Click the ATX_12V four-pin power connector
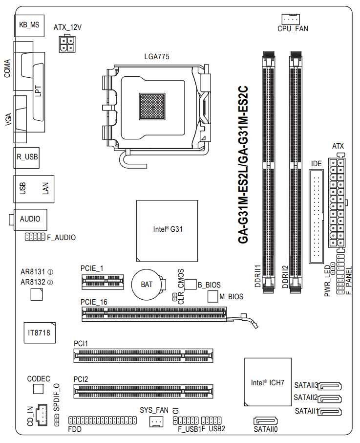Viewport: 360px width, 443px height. pos(67,44)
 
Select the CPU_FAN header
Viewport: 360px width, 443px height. pos(291,19)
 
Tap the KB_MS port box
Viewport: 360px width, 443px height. pos(29,25)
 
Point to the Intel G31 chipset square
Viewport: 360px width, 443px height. pos(167,231)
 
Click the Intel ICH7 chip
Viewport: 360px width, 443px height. pos(268,382)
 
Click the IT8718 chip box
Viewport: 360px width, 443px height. pos(40,332)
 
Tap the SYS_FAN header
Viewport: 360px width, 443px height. pos(156,421)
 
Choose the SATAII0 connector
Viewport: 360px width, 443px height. pos(266,421)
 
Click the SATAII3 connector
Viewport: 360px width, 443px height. pos(330,386)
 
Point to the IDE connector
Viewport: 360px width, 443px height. pos(316,217)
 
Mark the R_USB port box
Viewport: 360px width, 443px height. pos(26,157)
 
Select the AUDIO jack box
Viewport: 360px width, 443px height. pos(30,220)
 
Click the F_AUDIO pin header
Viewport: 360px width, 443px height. pos(35,237)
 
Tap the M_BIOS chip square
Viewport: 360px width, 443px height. pos(213,296)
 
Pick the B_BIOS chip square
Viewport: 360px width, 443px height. pos(191,284)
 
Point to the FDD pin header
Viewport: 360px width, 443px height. pos(103,421)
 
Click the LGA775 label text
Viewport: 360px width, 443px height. pos(157,57)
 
